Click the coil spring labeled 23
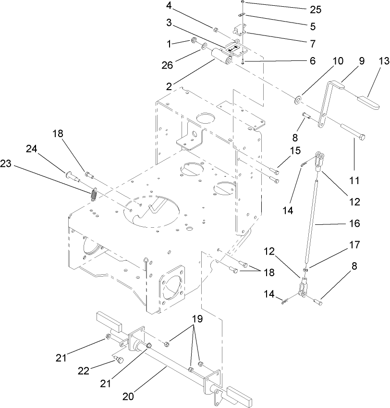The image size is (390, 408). point(94,196)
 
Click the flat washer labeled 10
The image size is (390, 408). point(298,99)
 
